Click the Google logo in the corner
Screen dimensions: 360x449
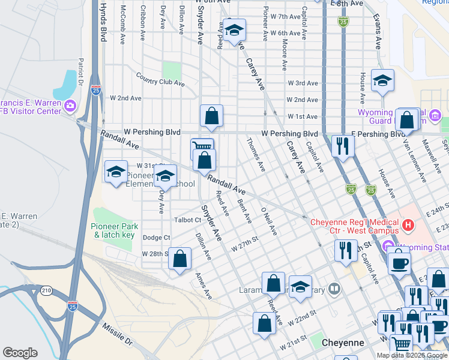point(20,353)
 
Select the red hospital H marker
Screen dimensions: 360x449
point(408,226)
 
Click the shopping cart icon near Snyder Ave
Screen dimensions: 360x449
point(202,148)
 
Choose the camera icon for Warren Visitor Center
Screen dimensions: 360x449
point(71,106)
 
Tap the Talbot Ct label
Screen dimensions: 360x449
point(188,220)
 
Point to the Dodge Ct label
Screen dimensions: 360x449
point(155,238)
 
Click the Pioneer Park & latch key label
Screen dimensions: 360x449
point(114,230)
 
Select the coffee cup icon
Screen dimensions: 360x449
point(399,263)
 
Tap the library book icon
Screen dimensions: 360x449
point(334,289)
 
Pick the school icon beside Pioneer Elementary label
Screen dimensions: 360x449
point(164,176)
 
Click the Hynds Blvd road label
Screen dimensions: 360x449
point(103,21)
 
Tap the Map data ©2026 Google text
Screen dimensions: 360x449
point(412,355)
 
